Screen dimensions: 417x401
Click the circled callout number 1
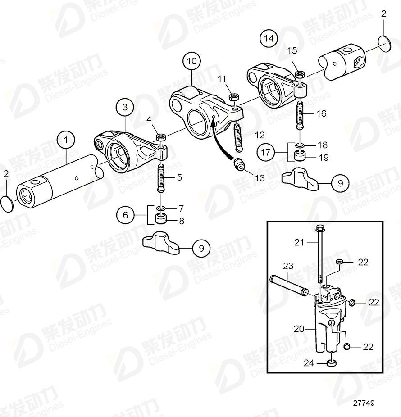(x=67, y=140)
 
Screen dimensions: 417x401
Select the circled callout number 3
(x=125, y=107)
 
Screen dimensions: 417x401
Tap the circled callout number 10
(x=191, y=60)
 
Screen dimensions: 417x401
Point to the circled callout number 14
(x=269, y=39)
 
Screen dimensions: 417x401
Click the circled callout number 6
(x=126, y=215)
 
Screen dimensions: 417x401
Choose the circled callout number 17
(x=266, y=152)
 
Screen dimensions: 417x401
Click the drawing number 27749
(x=364, y=404)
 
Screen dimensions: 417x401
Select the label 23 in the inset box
(x=288, y=266)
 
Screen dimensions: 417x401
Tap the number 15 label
(x=292, y=50)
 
